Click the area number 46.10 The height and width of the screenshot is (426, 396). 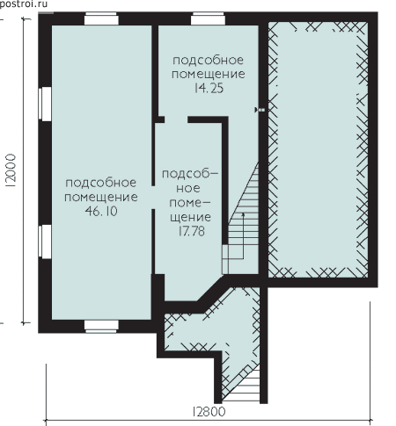(101, 211)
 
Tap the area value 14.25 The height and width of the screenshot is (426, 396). (209, 88)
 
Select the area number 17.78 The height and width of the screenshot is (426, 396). (191, 231)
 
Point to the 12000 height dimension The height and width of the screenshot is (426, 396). (11, 170)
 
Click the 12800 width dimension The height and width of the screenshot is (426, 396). (209, 412)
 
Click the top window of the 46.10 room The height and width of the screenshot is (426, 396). (101, 19)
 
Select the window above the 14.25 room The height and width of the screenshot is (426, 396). (208, 19)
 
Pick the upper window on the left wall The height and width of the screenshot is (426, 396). (45, 104)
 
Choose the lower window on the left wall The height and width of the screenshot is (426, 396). (45, 242)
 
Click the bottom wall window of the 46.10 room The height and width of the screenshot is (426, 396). (101, 327)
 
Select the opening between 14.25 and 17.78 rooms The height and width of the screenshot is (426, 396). (176, 119)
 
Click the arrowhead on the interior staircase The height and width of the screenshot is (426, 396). (243, 215)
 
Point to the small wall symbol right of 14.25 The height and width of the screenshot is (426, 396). (260, 110)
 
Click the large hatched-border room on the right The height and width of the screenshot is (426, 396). (318, 149)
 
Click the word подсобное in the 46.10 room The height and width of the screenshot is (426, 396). (101, 183)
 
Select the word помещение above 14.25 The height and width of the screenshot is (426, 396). (209, 74)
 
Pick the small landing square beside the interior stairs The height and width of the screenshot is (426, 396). (225, 259)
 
